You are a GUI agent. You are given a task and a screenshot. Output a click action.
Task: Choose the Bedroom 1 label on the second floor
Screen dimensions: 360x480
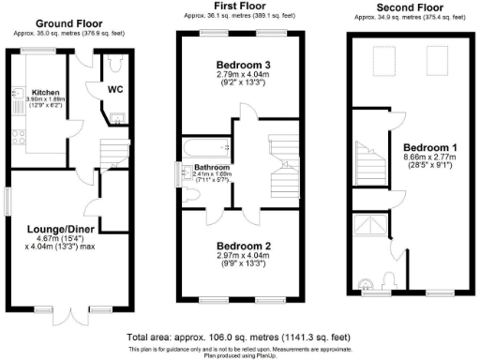(x=428, y=148)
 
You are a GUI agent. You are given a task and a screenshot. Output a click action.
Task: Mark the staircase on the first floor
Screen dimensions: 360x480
(x=280, y=174)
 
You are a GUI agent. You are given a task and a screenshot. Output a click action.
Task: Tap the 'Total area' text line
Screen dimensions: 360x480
(x=239, y=335)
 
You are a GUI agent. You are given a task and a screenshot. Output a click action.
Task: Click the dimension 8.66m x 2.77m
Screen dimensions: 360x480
(x=428, y=159)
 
